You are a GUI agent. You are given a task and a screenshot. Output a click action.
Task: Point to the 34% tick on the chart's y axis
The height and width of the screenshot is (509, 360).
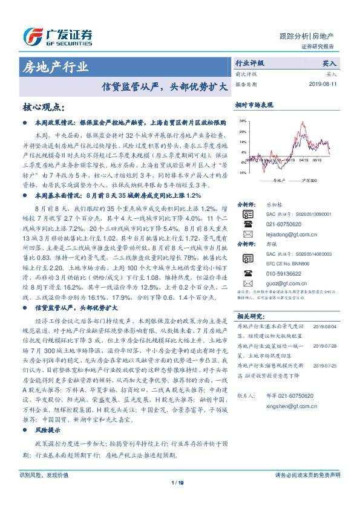tap(243, 122)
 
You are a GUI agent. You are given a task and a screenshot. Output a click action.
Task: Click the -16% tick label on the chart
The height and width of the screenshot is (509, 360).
tap(242, 172)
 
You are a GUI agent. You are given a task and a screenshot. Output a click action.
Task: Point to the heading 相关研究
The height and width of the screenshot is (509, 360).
tap(249, 316)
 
